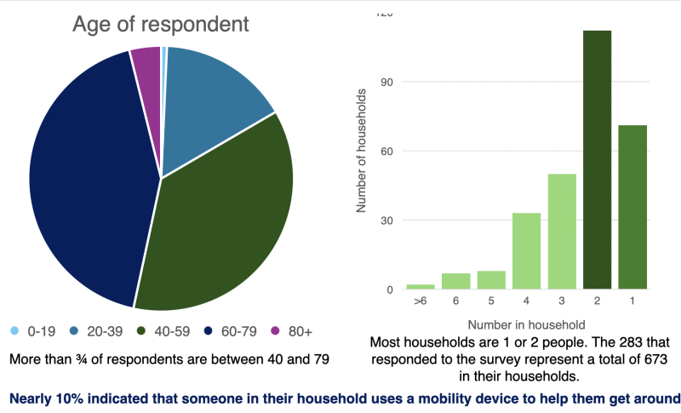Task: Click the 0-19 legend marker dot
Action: click(x=14, y=330)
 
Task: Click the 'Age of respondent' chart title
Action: click(x=161, y=24)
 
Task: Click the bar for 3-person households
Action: click(x=562, y=232)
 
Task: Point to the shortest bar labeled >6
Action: click(x=420, y=287)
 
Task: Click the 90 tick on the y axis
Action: click(x=388, y=83)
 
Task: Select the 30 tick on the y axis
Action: click(x=388, y=221)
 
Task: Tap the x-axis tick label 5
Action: click(x=490, y=301)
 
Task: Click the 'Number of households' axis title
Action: click(x=361, y=150)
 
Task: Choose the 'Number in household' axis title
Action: click(x=526, y=324)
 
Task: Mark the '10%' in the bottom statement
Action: click(x=70, y=397)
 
